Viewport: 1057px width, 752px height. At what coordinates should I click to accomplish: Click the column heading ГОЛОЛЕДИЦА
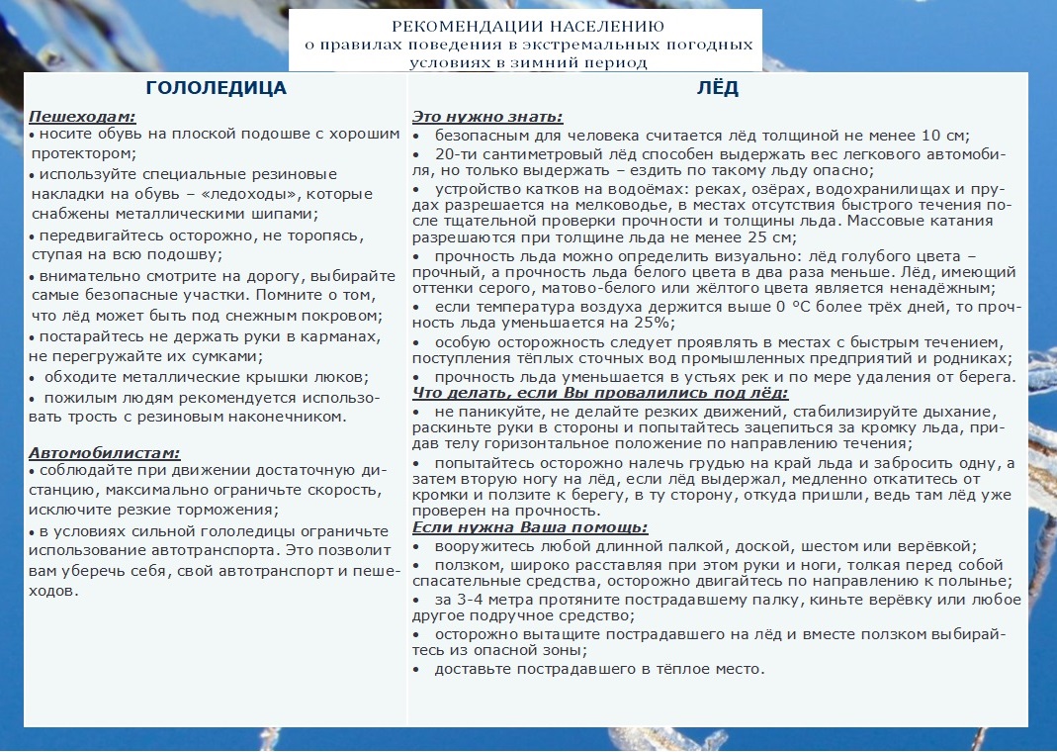[x=216, y=88]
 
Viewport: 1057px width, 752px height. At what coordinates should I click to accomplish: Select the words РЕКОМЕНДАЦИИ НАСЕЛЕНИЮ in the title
[x=528, y=26]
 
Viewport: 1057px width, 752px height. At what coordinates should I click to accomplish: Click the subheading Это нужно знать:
[x=487, y=116]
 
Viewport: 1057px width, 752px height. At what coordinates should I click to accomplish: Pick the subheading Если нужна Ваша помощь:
[x=530, y=527]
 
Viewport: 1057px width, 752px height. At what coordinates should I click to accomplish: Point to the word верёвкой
[x=940, y=546]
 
